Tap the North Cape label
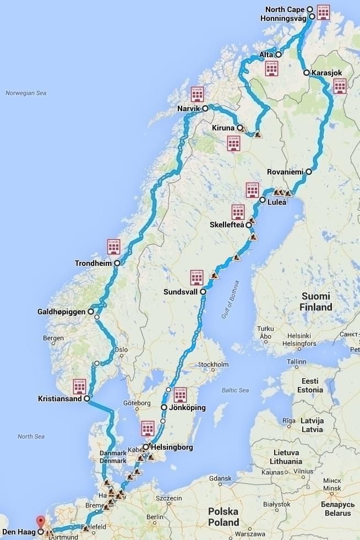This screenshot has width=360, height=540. point(285,9)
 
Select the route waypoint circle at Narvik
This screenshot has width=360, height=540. point(205,108)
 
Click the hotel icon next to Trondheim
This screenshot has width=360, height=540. point(114,247)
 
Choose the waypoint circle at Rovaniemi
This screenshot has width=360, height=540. point(309,172)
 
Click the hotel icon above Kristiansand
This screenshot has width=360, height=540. point(80,386)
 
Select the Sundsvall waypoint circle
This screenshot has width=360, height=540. point(203,291)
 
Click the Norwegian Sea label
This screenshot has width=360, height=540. point(26,93)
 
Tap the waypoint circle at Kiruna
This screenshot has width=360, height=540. point(241,128)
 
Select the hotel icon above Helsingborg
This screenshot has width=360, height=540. point(148,428)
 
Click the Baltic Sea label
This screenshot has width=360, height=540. point(236,390)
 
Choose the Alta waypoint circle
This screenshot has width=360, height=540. point(279,54)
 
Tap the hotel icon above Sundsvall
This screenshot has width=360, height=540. point(197,277)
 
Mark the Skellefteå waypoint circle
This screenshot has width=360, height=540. point(249,225)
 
